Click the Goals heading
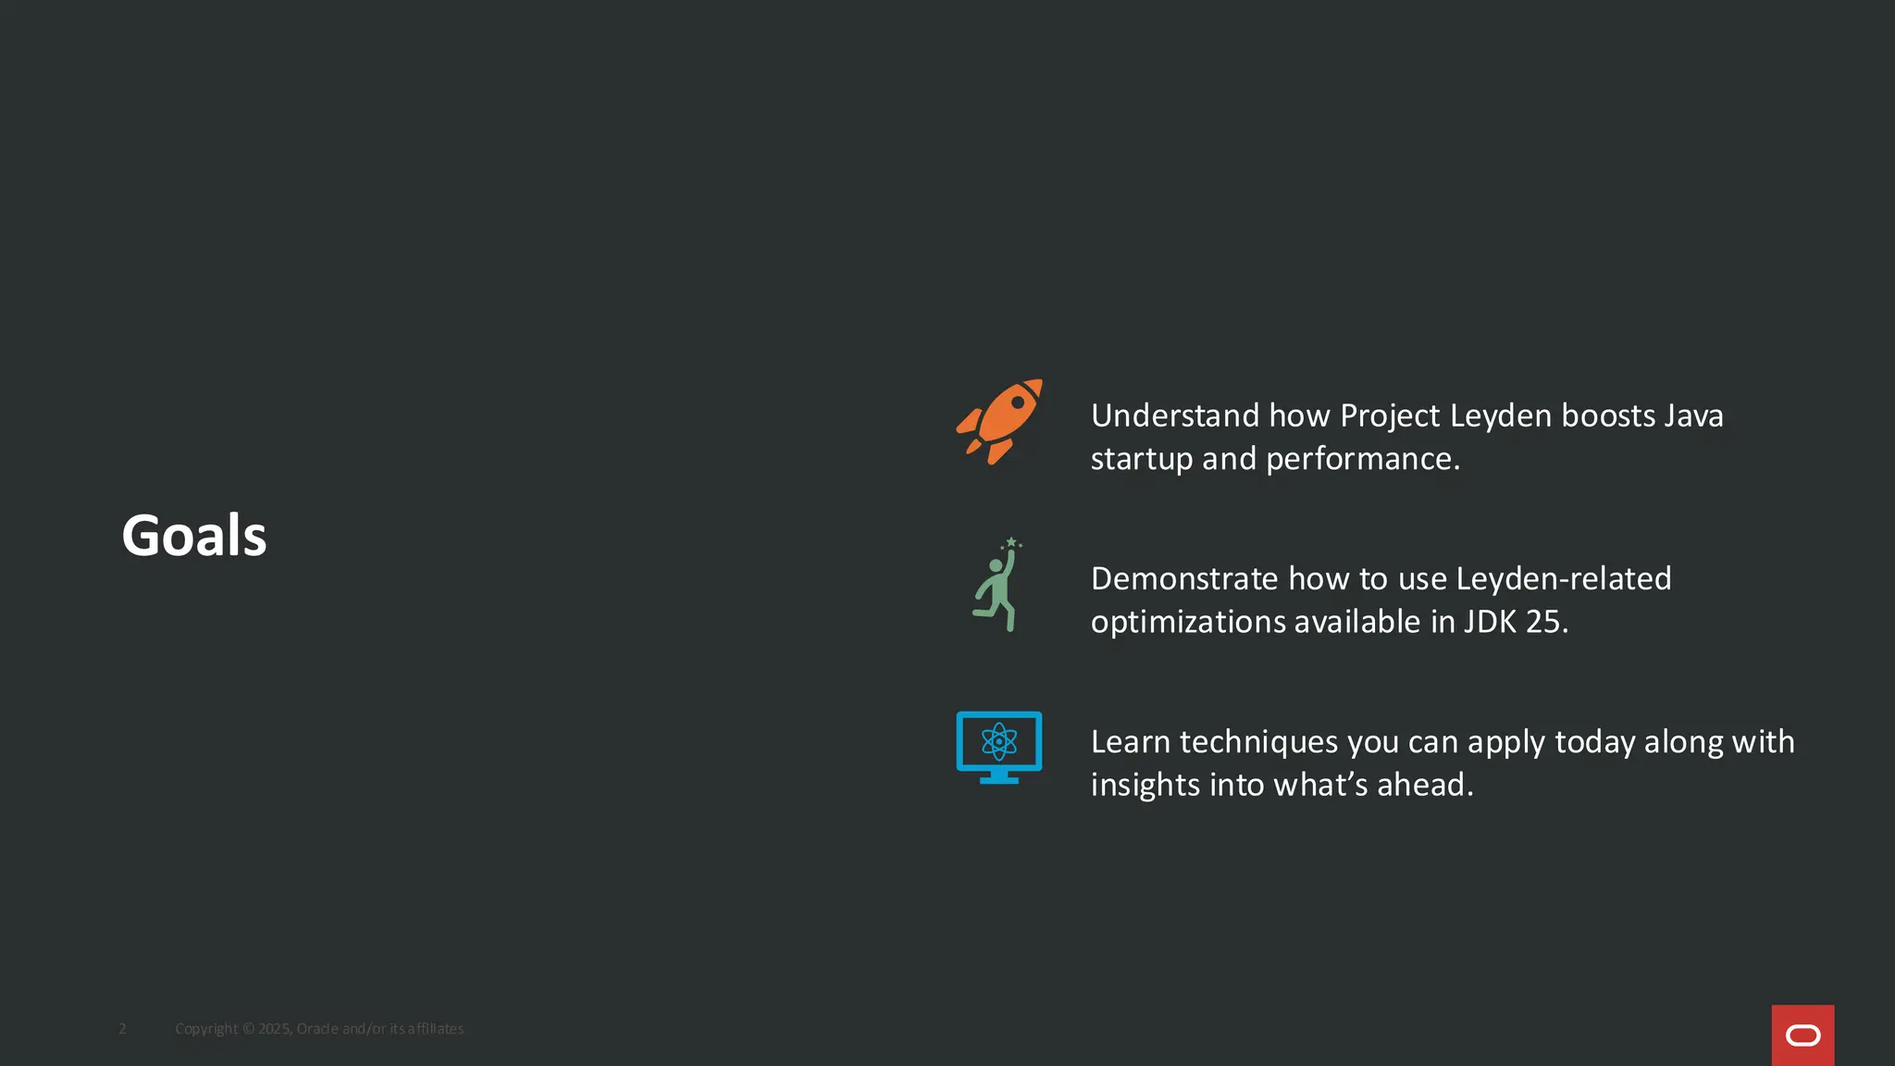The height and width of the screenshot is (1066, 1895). (194, 536)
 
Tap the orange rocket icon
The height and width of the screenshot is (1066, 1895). (999, 421)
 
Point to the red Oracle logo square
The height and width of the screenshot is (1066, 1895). (1802, 1035)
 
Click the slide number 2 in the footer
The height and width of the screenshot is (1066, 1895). (122, 1029)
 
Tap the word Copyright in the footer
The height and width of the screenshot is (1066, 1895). (206, 1029)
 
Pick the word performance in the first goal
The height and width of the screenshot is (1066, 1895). (1362, 459)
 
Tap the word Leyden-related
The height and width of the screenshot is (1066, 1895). (1564, 579)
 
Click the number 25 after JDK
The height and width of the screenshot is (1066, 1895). (1546, 622)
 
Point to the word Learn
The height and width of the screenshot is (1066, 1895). (1131, 742)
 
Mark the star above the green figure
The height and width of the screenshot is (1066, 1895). (1011, 541)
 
